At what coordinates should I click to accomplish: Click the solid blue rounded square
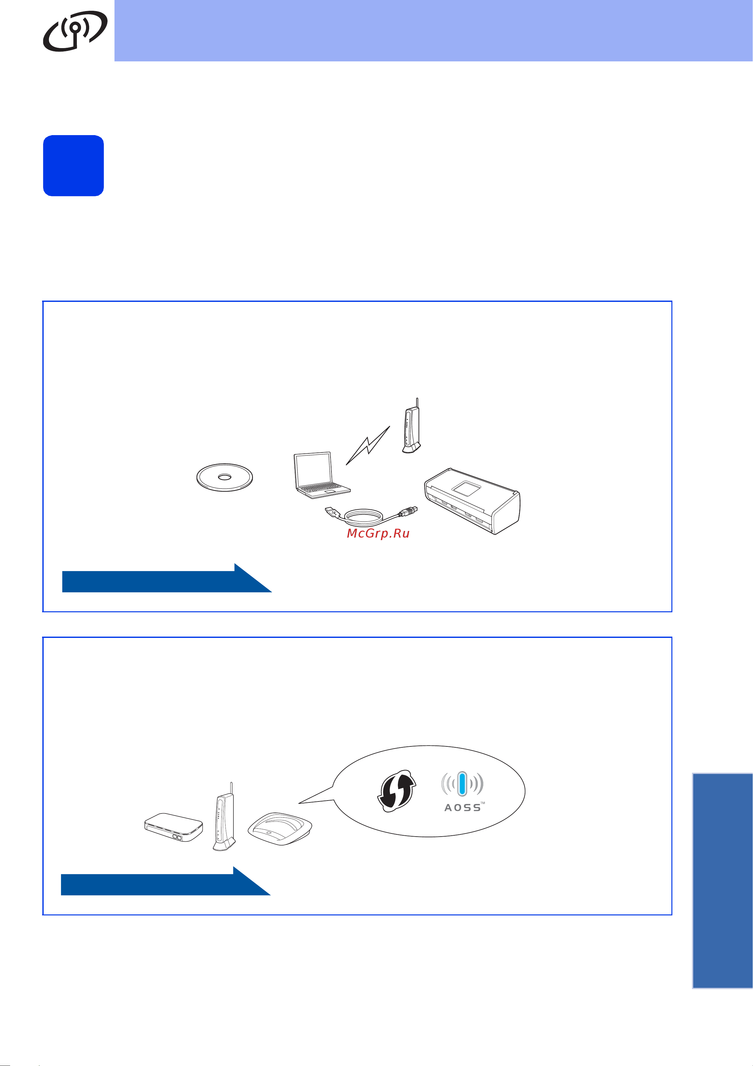(x=73, y=166)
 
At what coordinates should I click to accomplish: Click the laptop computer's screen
(x=314, y=470)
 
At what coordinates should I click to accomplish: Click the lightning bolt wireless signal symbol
(x=368, y=446)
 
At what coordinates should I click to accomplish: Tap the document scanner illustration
(x=472, y=501)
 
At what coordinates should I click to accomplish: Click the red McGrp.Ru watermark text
(x=378, y=533)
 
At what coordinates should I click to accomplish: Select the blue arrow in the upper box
(x=167, y=578)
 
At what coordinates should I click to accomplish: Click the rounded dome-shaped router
(x=280, y=829)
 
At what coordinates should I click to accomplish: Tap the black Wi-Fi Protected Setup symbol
(x=396, y=791)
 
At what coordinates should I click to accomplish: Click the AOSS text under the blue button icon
(x=463, y=808)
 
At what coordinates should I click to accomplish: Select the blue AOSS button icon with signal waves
(x=462, y=784)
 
